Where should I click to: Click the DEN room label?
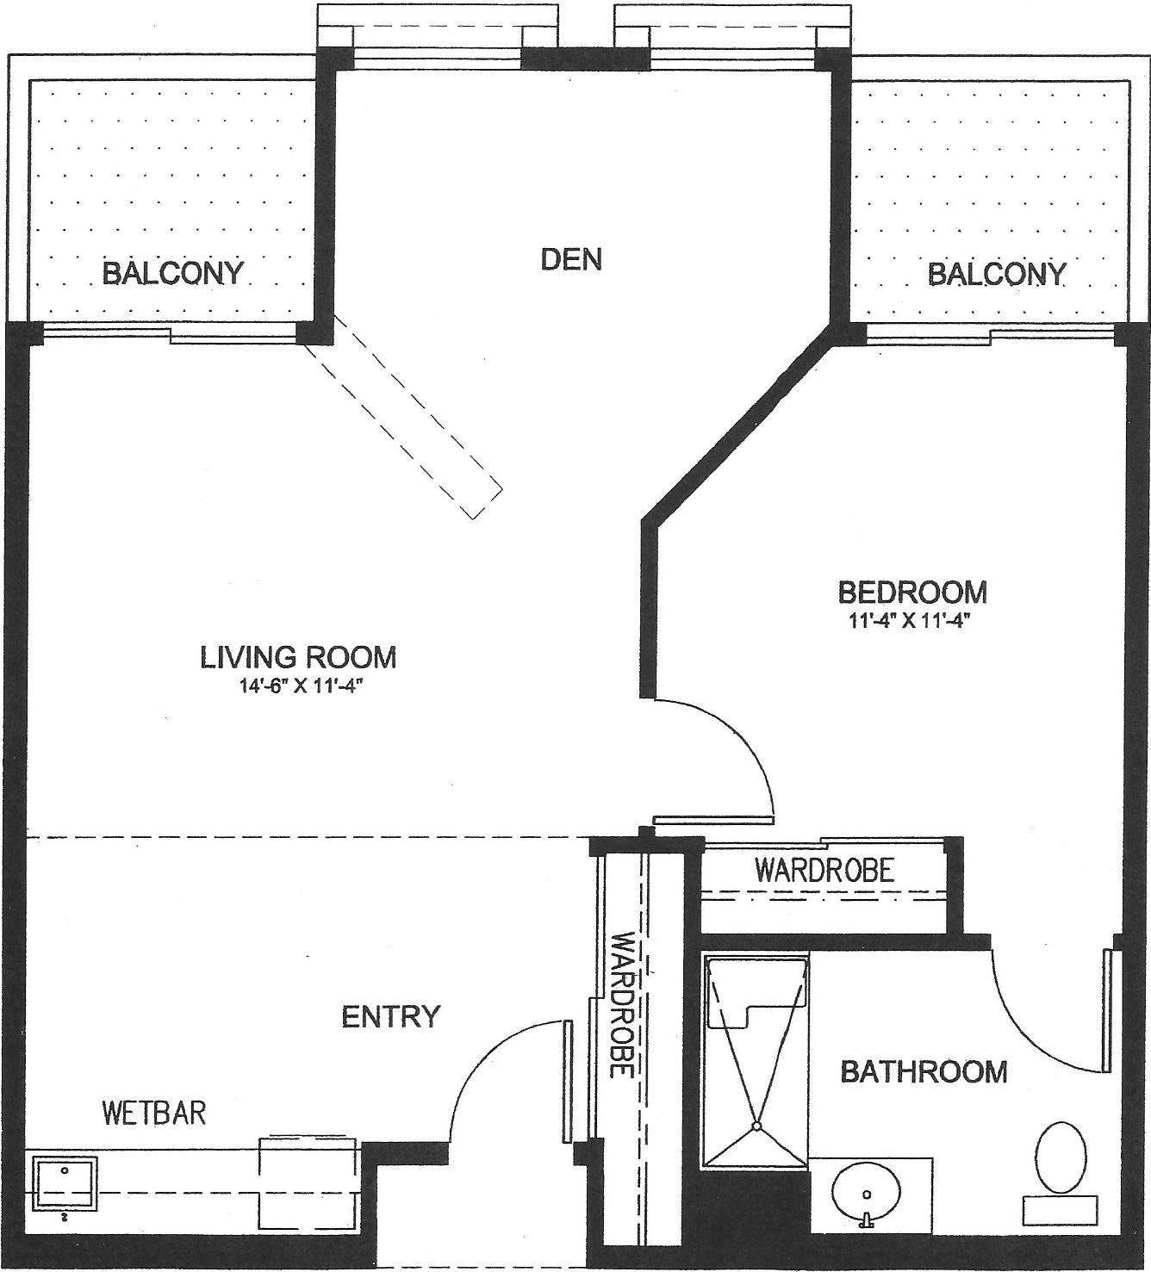[571, 260]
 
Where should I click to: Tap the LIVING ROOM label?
[298, 657]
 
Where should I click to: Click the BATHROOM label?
[924, 1072]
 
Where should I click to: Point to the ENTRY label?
[391, 1016]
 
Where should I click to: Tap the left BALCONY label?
[173, 273]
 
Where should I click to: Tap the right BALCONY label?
[996, 274]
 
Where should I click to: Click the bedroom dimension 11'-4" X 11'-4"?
[911, 622]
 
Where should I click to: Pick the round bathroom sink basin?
[866, 1193]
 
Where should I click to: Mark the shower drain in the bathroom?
[756, 1126]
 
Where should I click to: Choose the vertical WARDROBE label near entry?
[621, 1004]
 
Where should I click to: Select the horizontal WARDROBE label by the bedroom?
[824, 871]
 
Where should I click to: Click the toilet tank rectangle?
[1060, 1211]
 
